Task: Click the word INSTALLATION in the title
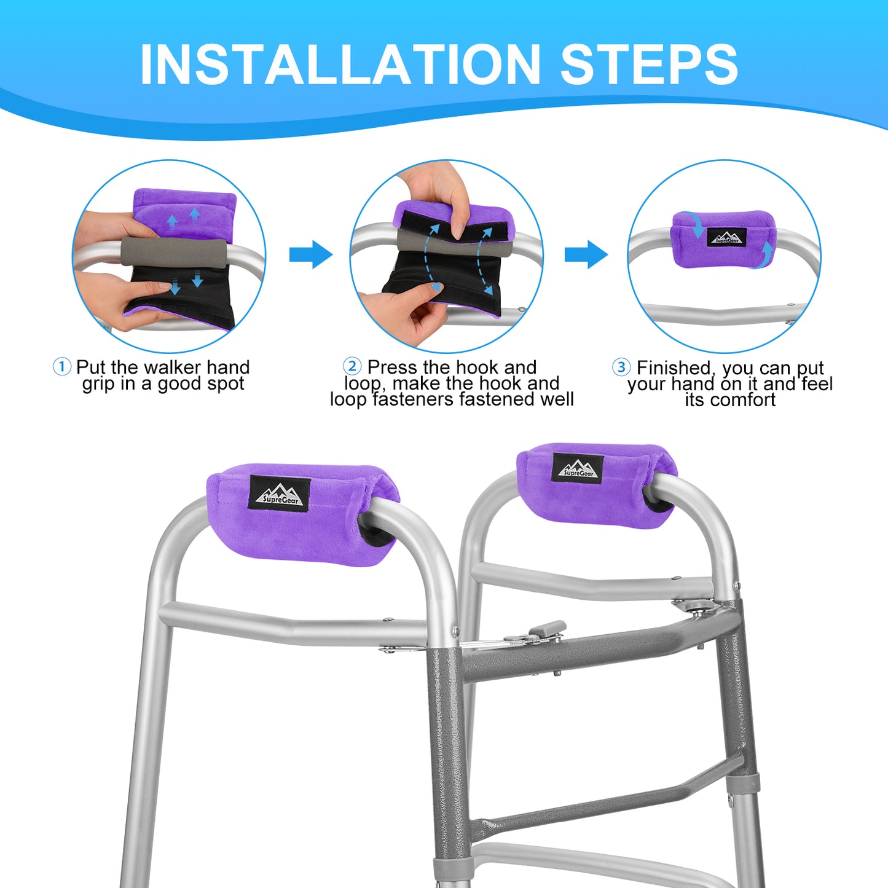(340, 65)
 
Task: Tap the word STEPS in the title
(650, 65)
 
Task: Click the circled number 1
(61, 367)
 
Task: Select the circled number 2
(352, 367)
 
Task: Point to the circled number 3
(621, 367)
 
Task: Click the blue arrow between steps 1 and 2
(311, 254)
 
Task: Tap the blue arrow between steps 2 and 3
(586, 254)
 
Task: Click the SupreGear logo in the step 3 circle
(726, 237)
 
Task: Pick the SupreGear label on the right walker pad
(578, 468)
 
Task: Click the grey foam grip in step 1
(175, 253)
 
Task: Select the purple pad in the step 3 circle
(723, 239)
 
